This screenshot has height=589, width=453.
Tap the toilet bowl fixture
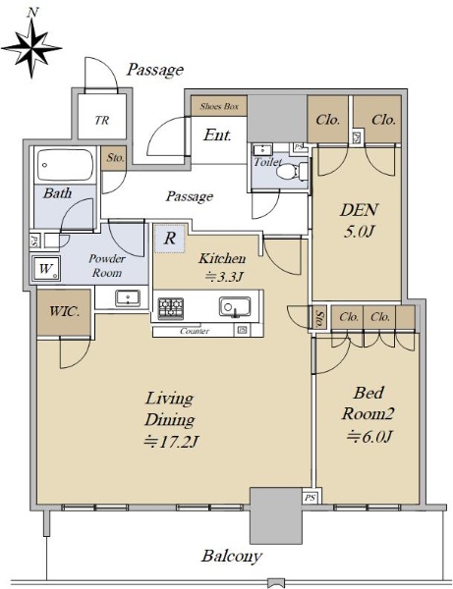tap(291, 172)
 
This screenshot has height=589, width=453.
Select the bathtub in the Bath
tap(65, 165)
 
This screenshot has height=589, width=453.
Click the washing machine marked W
tap(45, 268)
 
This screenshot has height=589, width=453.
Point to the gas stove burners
tap(171, 308)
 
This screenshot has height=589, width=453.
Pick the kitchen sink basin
tap(235, 307)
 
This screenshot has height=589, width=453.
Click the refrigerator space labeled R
tap(170, 239)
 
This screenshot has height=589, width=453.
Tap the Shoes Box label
tap(219, 106)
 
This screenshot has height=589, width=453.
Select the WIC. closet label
tap(64, 311)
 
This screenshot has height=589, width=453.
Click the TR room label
tap(102, 120)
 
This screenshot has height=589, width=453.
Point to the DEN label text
tap(359, 210)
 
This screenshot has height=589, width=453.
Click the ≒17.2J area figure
tap(171, 442)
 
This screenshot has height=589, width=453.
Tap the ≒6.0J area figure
tap(369, 436)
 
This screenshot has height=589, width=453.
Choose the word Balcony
tap(232, 556)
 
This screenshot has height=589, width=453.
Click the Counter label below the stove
tap(195, 331)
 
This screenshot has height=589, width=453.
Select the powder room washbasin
tap(128, 298)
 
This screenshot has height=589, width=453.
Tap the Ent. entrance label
tap(217, 134)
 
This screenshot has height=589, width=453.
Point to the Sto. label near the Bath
tap(115, 157)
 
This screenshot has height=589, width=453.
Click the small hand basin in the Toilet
tap(262, 150)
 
